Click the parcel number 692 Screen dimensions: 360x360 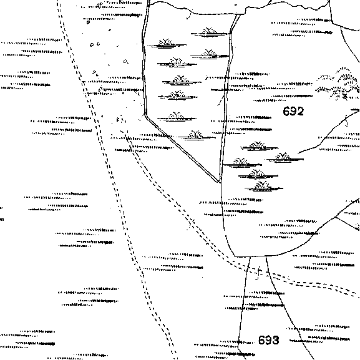tap(293, 111)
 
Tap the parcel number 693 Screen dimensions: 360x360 tap(269, 340)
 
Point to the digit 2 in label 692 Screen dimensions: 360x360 tap(300, 111)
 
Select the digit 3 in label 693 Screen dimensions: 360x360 tap(276, 340)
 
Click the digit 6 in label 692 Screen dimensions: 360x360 tap(286, 111)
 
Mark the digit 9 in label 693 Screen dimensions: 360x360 tap(269, 340)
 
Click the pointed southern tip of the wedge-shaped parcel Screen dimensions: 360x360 tap(218, 183)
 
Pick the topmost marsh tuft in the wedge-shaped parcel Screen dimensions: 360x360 tap(210, 32)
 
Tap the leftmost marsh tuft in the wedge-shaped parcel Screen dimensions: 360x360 tap(166, 44)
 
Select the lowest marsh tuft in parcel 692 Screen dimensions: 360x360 tap(263, 187)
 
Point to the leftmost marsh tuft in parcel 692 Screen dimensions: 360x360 tap(241, 163)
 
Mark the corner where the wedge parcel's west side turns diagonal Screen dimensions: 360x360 tap(145, 114)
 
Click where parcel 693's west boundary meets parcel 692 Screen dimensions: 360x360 tap(250, 256)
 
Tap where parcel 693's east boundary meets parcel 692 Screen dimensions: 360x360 tap(266, 256)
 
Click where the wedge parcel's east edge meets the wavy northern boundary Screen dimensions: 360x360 tap(238, 14)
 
